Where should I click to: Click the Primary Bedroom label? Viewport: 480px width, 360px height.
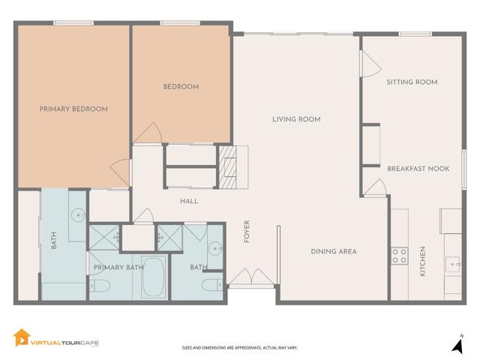(73, 109)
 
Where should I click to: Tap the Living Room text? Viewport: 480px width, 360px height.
(296, 119)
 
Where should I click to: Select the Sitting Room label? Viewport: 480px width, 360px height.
(412, 82)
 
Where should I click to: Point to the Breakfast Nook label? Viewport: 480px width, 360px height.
(418, 169)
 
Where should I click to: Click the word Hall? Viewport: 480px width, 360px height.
(188, 201)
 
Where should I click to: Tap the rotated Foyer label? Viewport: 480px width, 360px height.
(246, 232)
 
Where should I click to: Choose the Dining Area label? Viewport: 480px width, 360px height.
(333, 251)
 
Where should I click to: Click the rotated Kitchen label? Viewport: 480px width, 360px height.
(423, 262)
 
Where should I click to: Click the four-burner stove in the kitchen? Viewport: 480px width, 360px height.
(399, 255)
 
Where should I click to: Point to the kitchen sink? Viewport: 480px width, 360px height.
(452, 263)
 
